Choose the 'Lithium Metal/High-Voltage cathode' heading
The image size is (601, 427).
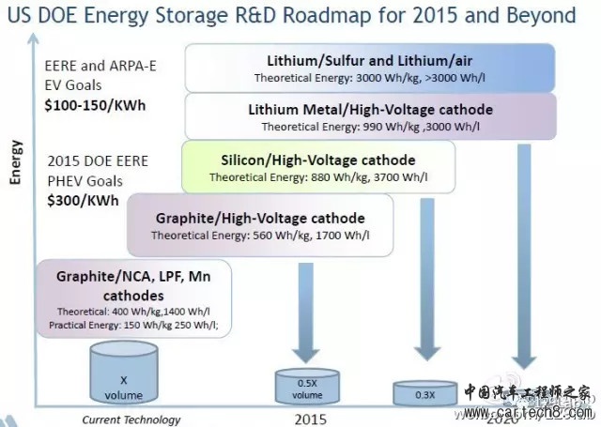click(370, 109)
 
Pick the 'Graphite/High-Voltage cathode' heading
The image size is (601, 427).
click(260, 218)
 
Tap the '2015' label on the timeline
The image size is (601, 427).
click(309, 419)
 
